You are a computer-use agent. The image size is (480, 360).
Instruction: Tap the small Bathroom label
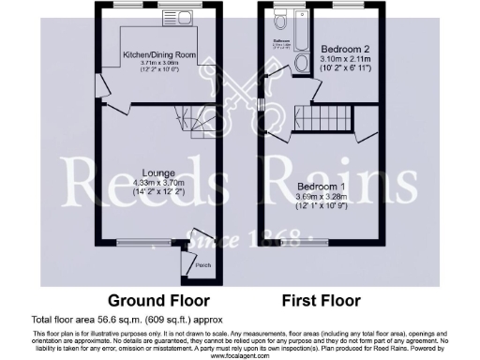(280, 42)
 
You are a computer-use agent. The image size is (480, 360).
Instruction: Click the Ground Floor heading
(152, 302)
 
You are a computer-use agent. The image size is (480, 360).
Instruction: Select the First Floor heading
(322, 302)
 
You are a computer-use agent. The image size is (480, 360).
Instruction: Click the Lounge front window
(140, 246)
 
